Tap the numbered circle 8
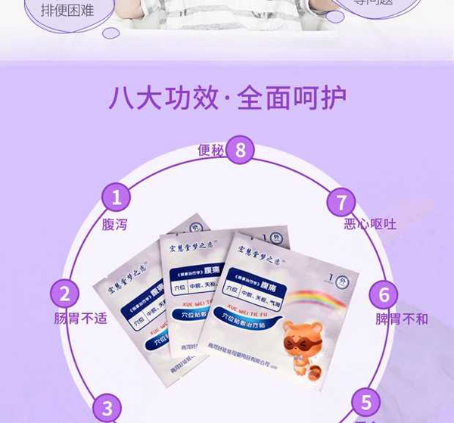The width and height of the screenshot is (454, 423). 241,150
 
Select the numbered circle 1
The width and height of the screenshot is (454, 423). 116,198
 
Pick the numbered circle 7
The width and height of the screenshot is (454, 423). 341,203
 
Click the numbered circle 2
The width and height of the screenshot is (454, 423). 65,294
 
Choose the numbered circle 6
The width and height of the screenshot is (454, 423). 384,294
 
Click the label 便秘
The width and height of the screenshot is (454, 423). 211,151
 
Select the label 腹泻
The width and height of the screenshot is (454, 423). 115,224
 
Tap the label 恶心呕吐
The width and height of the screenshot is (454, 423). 369,224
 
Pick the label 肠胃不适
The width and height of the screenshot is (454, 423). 80,319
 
